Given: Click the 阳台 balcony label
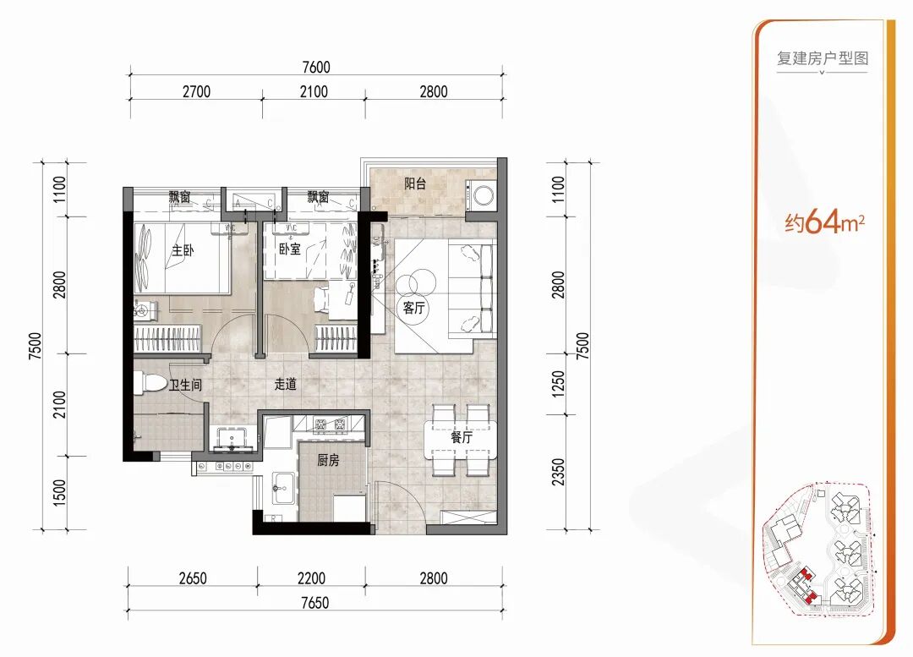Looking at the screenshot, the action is [415, 184].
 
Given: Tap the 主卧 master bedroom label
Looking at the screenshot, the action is [183, 250].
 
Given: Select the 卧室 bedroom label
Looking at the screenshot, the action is [290, 249].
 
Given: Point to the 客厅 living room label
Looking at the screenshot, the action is [414, 308].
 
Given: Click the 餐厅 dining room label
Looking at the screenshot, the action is [462, 437].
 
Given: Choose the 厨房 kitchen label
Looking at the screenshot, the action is [328, 461].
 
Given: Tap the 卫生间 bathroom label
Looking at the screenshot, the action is [185, 385].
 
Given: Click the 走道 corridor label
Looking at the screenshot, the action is [286, 385].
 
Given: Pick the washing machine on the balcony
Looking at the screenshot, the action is [483, 194].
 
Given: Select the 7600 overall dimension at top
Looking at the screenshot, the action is [316, 67].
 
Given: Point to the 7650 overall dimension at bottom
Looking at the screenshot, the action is [315, 602].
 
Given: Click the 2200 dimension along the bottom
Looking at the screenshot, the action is [311, 578].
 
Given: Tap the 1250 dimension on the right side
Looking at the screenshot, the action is [559, 385].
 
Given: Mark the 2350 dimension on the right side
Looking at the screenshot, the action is [559, 473].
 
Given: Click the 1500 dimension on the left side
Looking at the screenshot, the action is [59, 493].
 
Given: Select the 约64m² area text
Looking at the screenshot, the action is [824, 222].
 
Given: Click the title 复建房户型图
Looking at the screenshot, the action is [823, 58].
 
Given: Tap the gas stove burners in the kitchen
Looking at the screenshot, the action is [330, 424].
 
